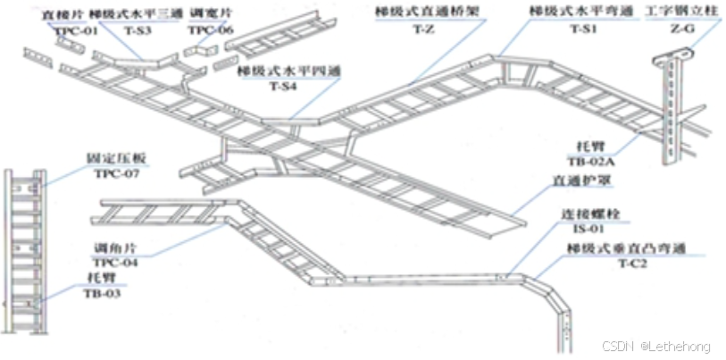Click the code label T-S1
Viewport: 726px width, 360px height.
point(583,28)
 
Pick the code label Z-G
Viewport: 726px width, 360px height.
point(681,28)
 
